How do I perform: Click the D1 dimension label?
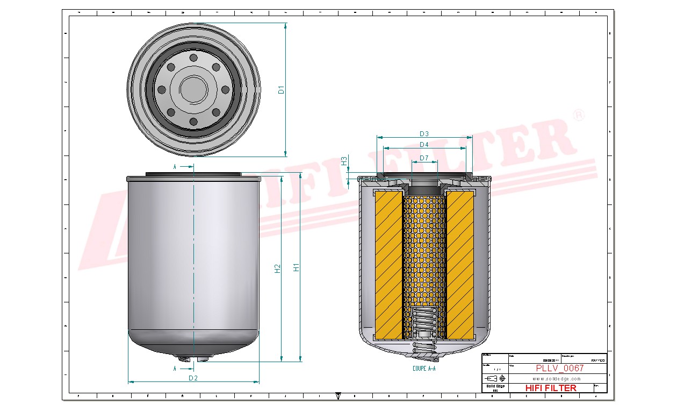280,90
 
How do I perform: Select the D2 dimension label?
193,378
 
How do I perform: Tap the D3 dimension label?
424,133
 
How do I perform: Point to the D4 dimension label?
424,145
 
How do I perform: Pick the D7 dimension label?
424,158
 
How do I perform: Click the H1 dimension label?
296,267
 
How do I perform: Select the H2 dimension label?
278,268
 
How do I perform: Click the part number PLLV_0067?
559,369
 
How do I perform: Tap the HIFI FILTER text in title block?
550,388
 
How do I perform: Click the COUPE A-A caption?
424,369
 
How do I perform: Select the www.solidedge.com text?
557,379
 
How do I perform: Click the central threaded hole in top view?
193,89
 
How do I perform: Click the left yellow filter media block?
388,263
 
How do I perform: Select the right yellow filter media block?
460,263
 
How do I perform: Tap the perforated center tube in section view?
424,248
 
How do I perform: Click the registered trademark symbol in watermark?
578,115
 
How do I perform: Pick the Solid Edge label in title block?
495,386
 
